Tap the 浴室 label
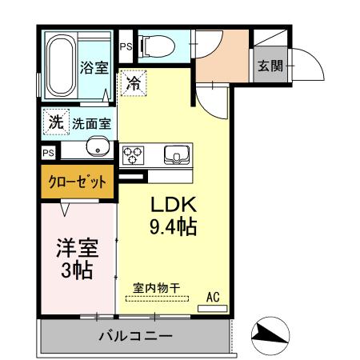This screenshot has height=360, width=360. click(94, 68)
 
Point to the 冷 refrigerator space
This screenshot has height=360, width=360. click(134, 82)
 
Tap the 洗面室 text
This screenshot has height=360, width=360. click(90, 124)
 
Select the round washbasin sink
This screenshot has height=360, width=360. click(98, 148)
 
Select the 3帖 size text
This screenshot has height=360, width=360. click(77, 270)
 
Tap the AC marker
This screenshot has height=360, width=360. click(213, 297)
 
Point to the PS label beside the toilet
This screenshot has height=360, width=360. click(126, 46)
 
